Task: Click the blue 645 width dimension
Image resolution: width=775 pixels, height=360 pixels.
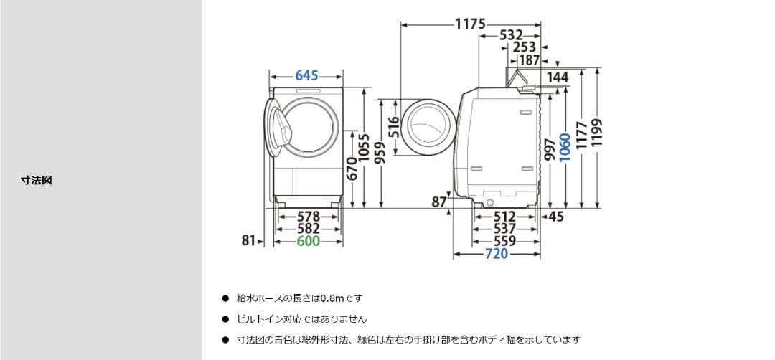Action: [x=306, y=75]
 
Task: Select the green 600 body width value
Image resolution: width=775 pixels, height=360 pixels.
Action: [x=308, y=242]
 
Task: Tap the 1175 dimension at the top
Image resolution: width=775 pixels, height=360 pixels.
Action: [x=471, y=24]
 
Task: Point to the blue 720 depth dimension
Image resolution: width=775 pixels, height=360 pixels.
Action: [x=496, y=254]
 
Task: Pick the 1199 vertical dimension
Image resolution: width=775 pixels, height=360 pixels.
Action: [x=597, y=133]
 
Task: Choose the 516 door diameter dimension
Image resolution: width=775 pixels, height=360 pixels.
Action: [x=393, y=127]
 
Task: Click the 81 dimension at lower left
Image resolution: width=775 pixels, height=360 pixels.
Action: [x=248, y=242]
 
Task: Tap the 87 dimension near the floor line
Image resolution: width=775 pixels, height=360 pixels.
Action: [x=439, y=202]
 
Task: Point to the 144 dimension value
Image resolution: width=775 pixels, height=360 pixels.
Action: [x=557, y=77]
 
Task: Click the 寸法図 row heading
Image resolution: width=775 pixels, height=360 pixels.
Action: [x=36, y=180]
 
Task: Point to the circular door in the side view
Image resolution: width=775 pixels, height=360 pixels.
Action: [x=428, y=127]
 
